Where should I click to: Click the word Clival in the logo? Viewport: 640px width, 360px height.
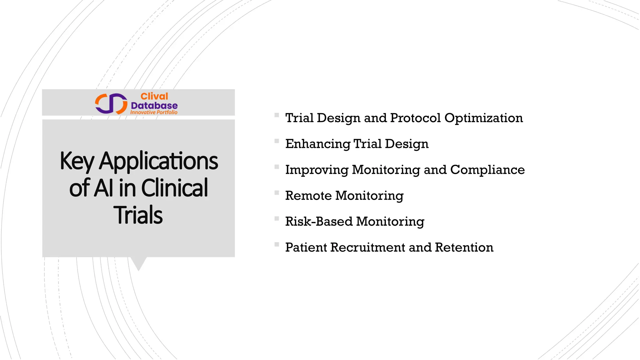pos(154,97)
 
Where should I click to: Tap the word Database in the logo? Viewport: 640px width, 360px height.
pos(154,106)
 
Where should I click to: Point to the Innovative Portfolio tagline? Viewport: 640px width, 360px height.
pos(154,112)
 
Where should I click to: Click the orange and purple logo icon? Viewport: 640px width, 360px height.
pos(111,103)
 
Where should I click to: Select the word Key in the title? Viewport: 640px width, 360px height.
pos(77,161)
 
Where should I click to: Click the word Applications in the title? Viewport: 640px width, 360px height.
pos(158,161)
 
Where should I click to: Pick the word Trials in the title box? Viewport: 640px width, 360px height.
pos(138,215)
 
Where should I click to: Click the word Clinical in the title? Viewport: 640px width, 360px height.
pos(174,188)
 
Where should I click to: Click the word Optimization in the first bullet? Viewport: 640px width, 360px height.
pos(483,118)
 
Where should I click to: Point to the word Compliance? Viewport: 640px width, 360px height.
pos(487,170)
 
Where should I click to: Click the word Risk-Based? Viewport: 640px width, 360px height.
pos(319,222)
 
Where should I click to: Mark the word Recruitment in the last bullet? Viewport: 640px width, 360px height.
pos(367,247)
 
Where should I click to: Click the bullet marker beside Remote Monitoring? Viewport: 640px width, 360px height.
pos(277,193)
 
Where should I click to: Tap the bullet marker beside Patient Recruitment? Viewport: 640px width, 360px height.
pos(277,244)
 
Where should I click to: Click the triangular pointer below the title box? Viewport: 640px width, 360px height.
pos(139,263)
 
